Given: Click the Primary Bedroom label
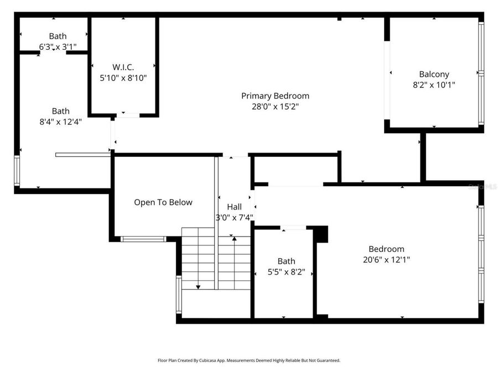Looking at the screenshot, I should (275, 96).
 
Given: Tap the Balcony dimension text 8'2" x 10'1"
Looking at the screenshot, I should (434, 85).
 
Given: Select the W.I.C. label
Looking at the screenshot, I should (123, 67).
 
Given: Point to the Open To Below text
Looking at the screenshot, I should (163, 202).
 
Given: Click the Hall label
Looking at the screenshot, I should (234, 207).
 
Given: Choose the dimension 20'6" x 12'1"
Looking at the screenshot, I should (386, 259).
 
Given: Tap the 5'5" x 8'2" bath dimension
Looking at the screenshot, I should (286, 272).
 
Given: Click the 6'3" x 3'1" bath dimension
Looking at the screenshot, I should (58, 47).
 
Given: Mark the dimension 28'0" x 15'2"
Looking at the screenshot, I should (275, 107).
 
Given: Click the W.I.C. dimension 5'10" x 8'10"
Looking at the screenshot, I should (123, 78).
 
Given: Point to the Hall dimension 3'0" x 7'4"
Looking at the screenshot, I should (234, 217).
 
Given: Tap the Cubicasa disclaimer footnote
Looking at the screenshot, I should (249, 360).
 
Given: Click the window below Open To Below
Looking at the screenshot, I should (143, 239).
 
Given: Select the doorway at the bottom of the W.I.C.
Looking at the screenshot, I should (127, 115).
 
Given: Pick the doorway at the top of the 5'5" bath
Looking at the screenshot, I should (293, 227).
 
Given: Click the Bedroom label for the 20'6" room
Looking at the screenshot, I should (386, 249).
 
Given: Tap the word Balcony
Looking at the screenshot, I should (434, 74).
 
